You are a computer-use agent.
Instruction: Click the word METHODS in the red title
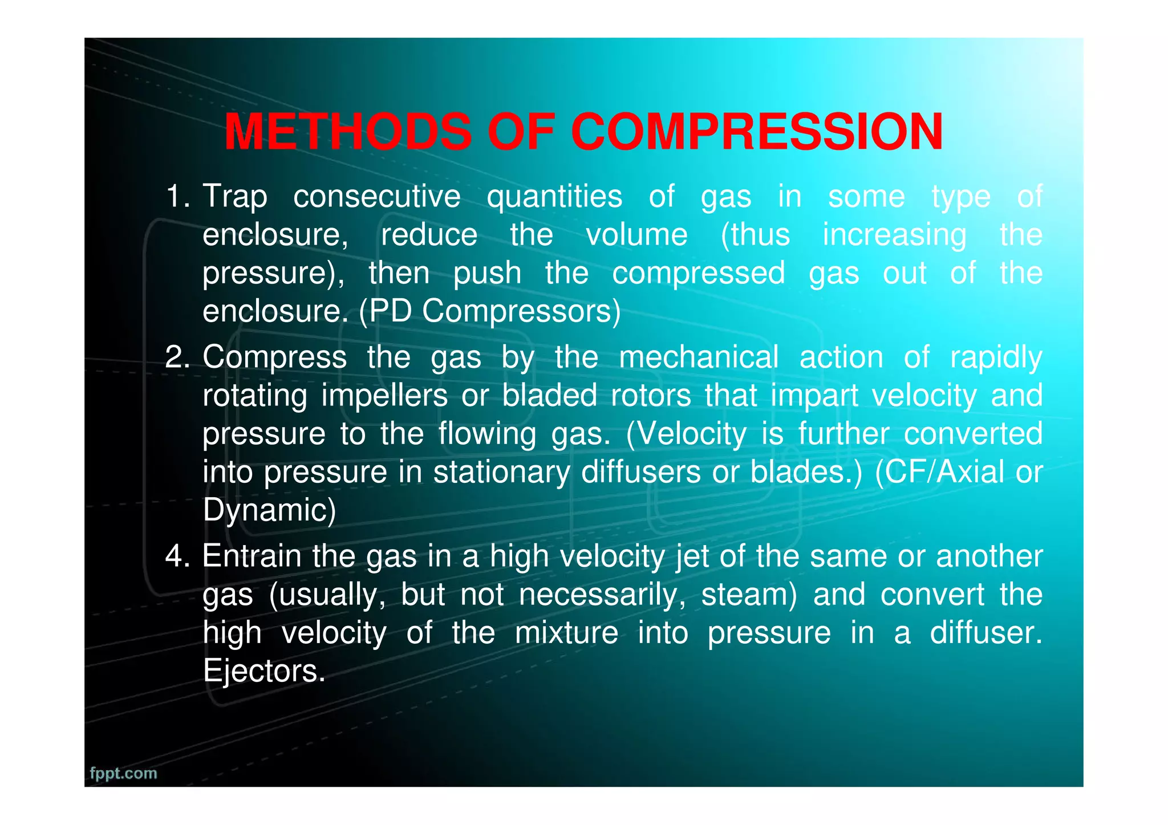tap(348, 132)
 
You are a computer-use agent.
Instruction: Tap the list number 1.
tap(176, 197)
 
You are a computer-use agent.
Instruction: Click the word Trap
tap(235, 197)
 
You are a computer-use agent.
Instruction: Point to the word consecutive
tap(376, 197)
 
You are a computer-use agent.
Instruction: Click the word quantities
tap(554, 197)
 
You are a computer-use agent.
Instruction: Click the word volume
tap(637, 235)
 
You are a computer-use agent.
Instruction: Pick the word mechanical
tap(699, 358)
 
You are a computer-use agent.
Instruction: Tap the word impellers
tap(384, 396)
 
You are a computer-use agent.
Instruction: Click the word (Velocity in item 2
tap(686, 434)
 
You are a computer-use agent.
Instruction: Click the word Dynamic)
tap(269, 511)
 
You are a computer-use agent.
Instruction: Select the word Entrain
tap(252, 556)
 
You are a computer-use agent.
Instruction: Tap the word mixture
tap(566, 633)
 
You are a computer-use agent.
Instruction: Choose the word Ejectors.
tap(264, 671)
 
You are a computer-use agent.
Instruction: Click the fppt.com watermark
tap(123, 773)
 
